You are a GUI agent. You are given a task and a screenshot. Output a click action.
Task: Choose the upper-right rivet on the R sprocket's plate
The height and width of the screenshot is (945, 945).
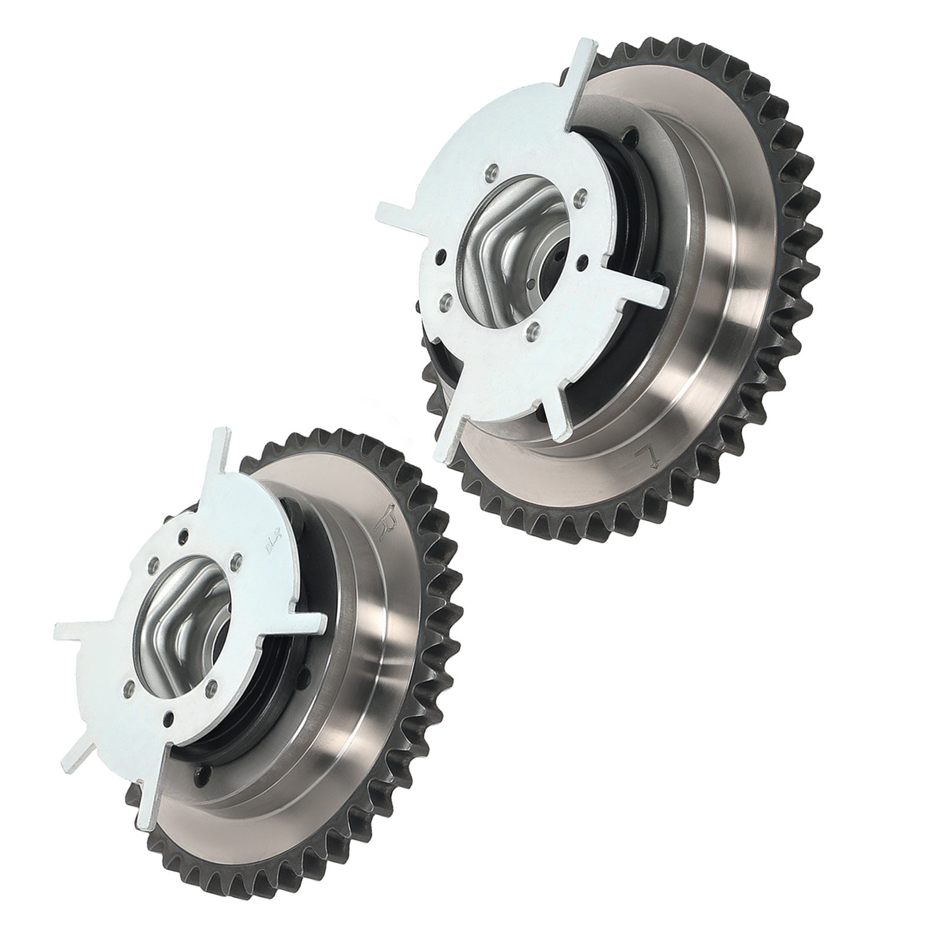237,558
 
